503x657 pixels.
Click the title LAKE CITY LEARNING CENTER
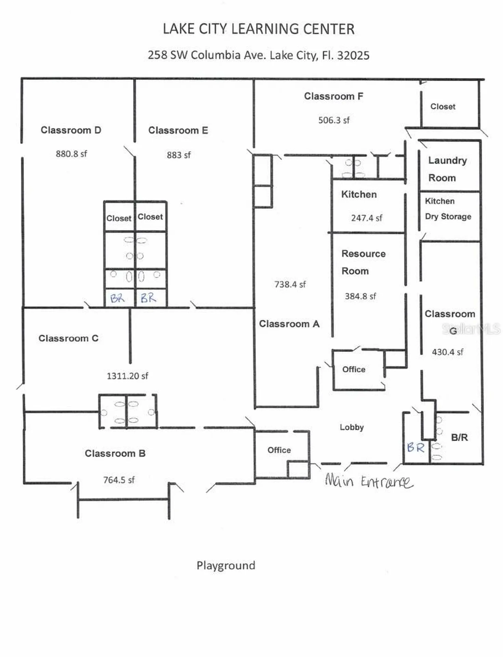(x=259, y=29)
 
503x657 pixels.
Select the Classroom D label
(x=71, y=130)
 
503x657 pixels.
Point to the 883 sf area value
(x=178, y=155)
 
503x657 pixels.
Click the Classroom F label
(x=333, y=96)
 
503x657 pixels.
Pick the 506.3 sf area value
(x=334, y=120)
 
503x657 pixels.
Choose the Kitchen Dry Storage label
(x=448, y=209)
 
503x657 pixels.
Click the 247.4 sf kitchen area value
(x=366, y=218)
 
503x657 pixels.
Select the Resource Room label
(x=363, y=262)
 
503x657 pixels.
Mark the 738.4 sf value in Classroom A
(x=290, y=284)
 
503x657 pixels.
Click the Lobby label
(x=352, y=427)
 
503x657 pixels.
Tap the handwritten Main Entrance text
(x=369, y=481)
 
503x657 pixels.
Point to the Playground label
(x=226, y=565)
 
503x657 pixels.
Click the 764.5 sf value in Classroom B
(x=119, y=480)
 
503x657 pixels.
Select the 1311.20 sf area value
(x=127, y=376)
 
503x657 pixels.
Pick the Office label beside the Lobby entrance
(x=279, y=450)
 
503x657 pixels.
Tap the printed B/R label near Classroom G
(x=459, y=437)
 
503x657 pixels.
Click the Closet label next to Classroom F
(x=442, y=106)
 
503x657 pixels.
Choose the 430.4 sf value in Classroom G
(x=447, y=352)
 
